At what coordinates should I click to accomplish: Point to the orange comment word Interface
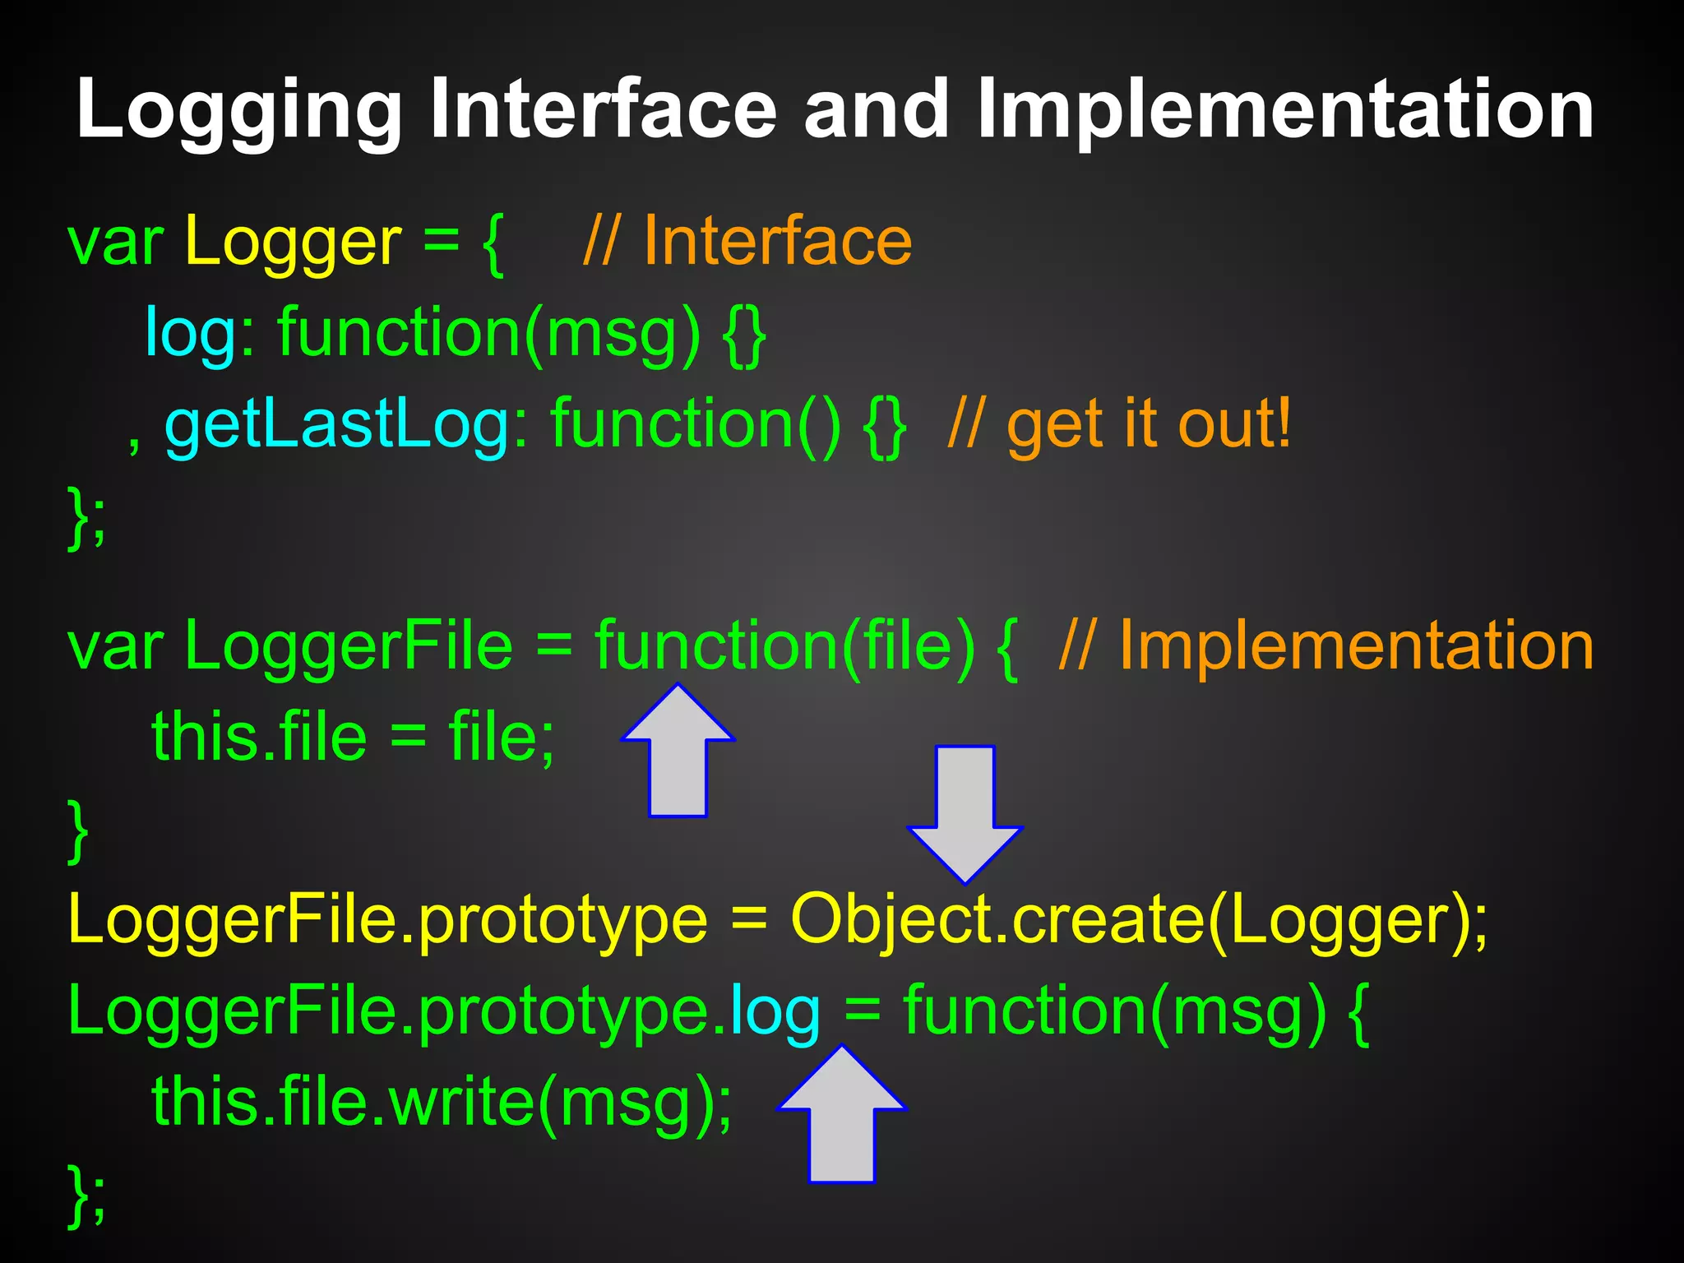[x=777, y=241]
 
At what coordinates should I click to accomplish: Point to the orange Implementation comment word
[x=1357, y=645]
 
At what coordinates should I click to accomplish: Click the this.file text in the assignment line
[x=259, y=736]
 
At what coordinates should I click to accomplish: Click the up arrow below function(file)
[x=678, y=752]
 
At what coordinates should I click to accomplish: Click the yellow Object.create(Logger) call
[x=1139, y=919]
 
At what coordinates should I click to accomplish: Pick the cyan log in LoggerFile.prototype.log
[x=775, y=1011]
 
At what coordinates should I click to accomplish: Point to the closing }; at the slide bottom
[x=86, y=1194]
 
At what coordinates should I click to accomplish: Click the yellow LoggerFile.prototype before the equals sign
[x=387, y=919]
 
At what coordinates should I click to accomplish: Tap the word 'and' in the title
[x=876, y=109]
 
